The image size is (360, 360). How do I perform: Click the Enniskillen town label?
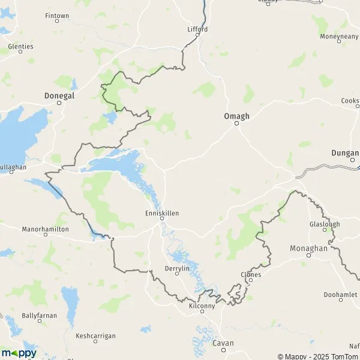[162, 212]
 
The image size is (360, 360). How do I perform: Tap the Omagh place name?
[236, 116]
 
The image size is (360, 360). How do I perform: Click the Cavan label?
[223, 343]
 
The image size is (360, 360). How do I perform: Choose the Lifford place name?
[197, 29]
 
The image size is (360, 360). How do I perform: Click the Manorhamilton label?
[45, 229]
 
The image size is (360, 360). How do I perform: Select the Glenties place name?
[20, 46]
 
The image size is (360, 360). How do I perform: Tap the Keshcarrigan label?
[95, 335]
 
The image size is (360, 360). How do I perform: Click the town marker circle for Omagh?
[236, 123]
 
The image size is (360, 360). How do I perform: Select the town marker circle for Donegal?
[59, 103]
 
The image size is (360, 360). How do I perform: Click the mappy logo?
[19, 353]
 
